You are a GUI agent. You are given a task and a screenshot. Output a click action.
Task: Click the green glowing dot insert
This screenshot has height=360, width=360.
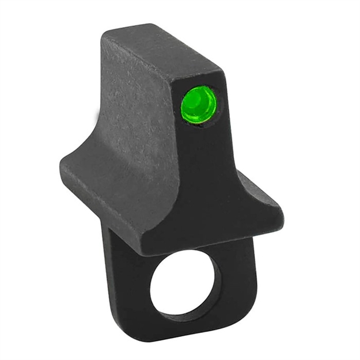[x=199, y=104]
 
